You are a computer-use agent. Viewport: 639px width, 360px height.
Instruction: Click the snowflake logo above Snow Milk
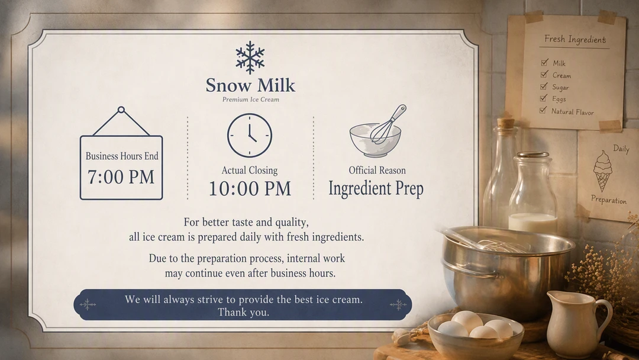tap(250, 57)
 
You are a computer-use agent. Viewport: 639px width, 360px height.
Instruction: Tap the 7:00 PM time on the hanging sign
tap(121, 177)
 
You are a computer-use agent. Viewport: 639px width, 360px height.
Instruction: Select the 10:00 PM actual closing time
tap(250, 188)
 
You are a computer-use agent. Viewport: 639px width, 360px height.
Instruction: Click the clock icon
tap(250, 136)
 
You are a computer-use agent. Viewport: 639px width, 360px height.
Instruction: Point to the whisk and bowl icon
tap(377, 131)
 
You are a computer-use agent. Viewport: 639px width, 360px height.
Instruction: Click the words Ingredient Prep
tap(376, 188)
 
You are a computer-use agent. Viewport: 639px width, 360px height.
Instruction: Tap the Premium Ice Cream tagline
tap(251, 99)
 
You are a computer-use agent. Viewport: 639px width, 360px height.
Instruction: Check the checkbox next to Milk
tap(544, 62)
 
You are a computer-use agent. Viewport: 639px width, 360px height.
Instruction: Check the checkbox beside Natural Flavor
tap(543, 110)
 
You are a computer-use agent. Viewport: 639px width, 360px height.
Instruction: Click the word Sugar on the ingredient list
tap(560, 87)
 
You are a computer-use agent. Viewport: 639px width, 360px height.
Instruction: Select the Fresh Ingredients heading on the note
tap(575, 39)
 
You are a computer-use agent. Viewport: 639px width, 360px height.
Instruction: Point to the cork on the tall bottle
tap(506, 123)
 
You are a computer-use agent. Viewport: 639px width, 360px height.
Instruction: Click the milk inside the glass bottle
tap(532, 223)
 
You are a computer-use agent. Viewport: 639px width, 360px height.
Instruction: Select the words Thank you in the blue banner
tap(243, 313)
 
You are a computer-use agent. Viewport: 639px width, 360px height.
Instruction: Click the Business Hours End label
tap(122, 156)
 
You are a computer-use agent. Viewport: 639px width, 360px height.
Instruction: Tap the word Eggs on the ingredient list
tap(559, 99)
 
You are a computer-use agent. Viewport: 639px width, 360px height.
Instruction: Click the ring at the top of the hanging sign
tap(121, 110)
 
